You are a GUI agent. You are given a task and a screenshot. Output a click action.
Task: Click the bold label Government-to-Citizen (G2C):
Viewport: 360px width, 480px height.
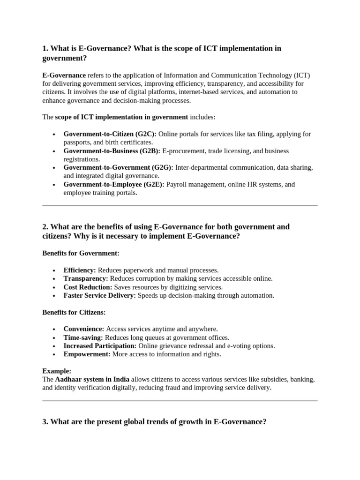[110, 134]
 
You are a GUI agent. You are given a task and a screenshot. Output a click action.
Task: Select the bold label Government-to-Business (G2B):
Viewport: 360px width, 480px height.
[112, 151]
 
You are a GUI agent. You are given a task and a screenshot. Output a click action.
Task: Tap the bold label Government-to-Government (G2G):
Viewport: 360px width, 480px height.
[118, 168]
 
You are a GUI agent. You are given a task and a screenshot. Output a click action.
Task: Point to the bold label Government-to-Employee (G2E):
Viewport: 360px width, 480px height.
[114, 185]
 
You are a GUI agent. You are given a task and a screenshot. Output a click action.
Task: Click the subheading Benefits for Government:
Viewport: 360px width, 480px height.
[81, 253]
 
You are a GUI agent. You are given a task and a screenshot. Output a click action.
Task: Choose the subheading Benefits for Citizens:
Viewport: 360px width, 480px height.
[74, 312]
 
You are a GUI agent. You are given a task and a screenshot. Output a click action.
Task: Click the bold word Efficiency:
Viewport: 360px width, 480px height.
[80, 270]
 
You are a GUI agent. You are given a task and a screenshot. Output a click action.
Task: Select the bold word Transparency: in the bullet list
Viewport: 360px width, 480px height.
[86, 278]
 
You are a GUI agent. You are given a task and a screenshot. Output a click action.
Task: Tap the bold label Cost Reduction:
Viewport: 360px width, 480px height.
[88, 287]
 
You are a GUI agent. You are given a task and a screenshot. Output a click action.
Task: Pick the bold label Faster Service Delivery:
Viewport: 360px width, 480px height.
[99, 295]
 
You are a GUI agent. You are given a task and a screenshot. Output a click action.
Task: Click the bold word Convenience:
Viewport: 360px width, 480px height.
[84, 329]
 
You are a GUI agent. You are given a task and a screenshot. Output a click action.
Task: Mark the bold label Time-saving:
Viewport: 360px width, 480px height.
[83, 337]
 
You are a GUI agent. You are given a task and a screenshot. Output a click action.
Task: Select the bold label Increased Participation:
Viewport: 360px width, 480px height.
[100, 346]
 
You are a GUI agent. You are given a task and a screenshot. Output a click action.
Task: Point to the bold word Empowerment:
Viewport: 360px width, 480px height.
[87, 354]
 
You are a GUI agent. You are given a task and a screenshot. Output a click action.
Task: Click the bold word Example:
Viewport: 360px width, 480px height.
[57, 371]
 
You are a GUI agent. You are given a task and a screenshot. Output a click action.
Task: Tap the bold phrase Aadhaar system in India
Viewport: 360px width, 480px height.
[92, 379]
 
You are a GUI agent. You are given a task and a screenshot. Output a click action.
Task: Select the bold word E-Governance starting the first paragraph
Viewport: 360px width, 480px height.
[64, 75]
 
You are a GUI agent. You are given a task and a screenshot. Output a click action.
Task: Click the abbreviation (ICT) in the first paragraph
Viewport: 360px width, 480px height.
[302, 75]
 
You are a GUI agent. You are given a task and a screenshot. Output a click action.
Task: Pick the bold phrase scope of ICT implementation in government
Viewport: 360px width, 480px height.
[121, 117]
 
